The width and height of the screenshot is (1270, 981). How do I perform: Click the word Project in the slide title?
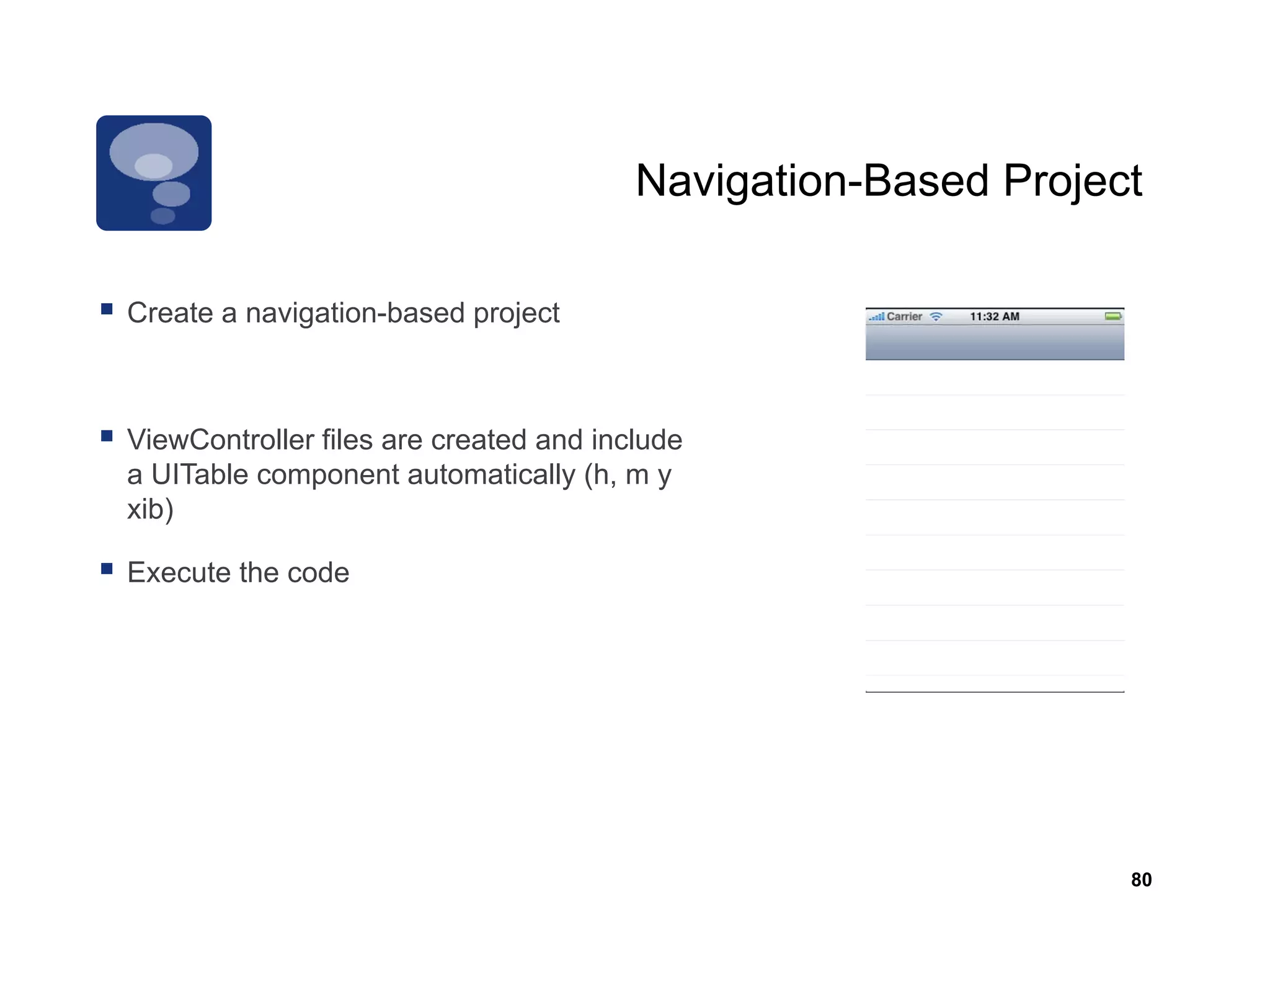coord(1072,181)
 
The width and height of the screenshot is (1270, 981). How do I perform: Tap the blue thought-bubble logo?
coord(154,173)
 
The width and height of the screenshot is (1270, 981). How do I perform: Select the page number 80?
coord(1141,879)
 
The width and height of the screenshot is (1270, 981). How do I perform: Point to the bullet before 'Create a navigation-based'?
coord(107,309)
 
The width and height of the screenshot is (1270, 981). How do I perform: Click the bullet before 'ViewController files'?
coord(107,436)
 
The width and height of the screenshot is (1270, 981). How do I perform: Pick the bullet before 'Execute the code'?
coord(107,569)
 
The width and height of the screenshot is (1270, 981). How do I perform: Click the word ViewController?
coord(220,440)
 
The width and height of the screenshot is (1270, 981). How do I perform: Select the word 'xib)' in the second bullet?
coord(150,509)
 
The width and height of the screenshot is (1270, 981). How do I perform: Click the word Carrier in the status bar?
coord(904,316)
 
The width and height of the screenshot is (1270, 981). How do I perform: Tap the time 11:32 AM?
coord(994,316)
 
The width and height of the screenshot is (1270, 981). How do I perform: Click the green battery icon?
coord(1113,316)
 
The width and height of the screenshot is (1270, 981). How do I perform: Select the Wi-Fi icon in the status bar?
coord(936,316)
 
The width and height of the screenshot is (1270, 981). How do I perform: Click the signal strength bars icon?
coord(876,317)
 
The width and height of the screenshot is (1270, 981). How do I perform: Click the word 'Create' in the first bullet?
coord(170,313)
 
